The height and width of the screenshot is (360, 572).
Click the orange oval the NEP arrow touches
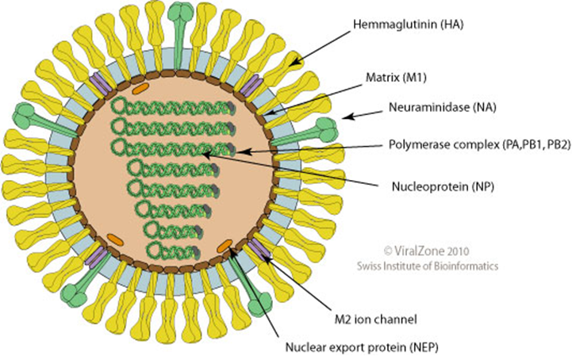coord(225,245)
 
